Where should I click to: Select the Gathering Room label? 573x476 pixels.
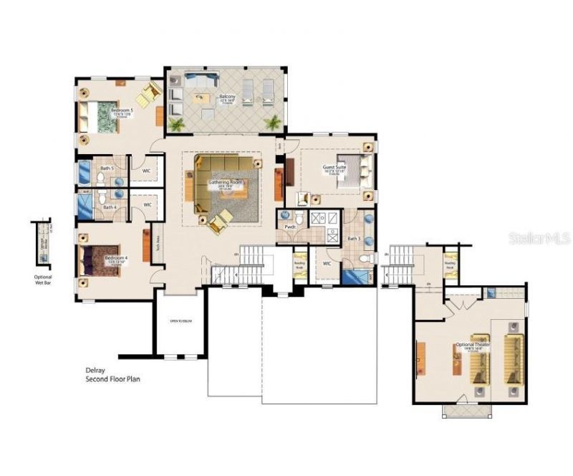point(226,183)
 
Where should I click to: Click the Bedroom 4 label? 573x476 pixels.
point(116,257)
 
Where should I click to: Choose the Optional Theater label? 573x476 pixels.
point(473,346)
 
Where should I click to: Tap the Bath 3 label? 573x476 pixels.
point(353,239)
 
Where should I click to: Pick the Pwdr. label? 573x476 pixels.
point(291,227)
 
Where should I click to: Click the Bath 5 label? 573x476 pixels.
point(106,168)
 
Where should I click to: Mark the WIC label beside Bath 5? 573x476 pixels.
point(146,171)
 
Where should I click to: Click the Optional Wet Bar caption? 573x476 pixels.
point(44,280)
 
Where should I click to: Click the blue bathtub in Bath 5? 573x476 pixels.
point(83,173)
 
